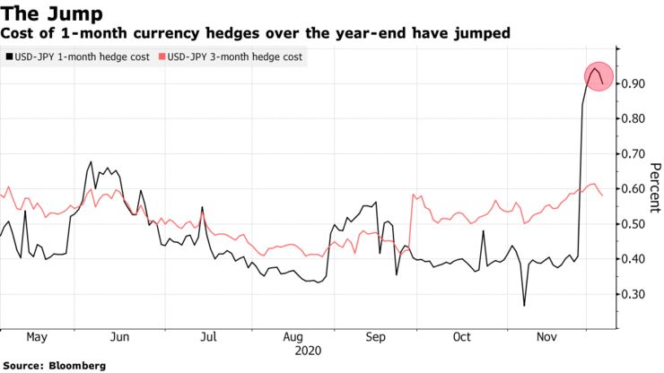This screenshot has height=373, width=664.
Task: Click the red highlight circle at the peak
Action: (x=595, y=76)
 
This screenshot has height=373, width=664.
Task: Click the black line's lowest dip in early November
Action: (x=525, y=305)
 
